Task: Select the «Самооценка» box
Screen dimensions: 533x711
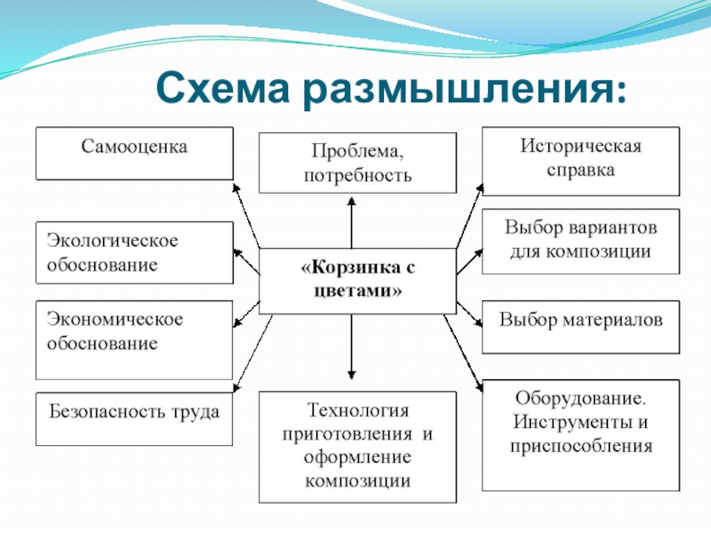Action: point(134,153)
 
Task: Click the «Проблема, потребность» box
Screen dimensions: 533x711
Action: point(357,163)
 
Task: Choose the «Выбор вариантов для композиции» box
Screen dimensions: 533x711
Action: point(580,241)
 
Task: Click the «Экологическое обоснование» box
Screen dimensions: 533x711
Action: point(134,252)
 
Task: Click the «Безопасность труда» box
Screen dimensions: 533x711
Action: point(134,418)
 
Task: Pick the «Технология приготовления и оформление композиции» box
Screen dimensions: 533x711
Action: point(357,446)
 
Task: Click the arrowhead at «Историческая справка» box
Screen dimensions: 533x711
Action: point(479,187)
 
